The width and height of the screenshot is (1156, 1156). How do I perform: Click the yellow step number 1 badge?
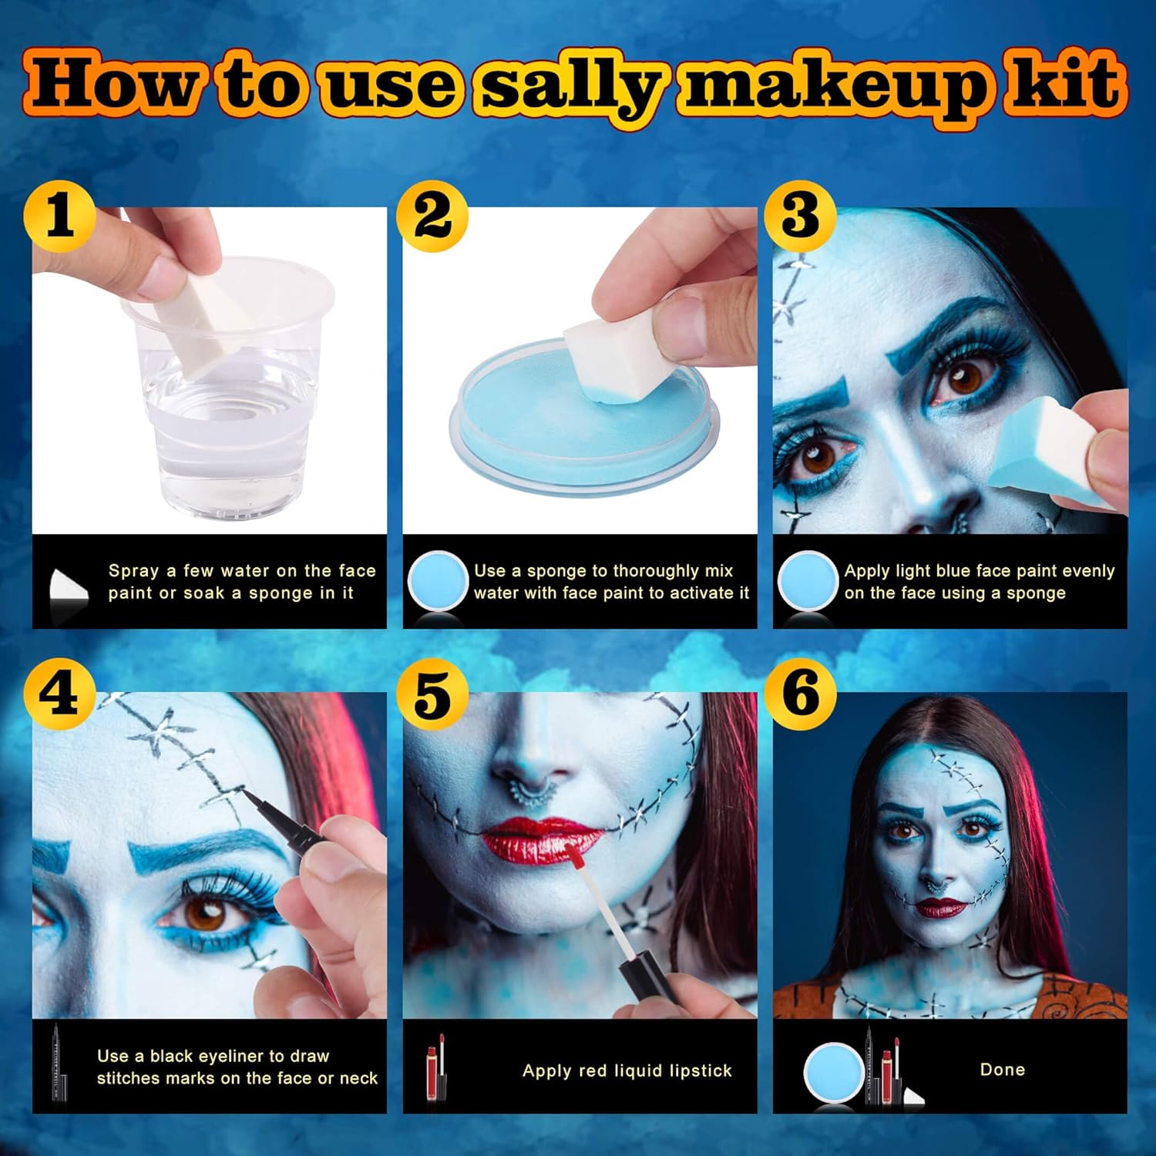coord(60,216)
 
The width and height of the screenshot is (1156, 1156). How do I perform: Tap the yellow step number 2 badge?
coord(432,216)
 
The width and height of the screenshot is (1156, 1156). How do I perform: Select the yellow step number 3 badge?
coord(801,216)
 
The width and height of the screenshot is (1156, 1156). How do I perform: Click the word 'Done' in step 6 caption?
coord(1002,1070)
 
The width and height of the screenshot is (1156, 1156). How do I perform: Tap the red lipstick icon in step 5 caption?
coord(436,1067)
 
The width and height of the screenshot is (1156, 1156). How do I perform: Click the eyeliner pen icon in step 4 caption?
coord(59,1067)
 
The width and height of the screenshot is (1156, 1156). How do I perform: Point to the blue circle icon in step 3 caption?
coord(806,582)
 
